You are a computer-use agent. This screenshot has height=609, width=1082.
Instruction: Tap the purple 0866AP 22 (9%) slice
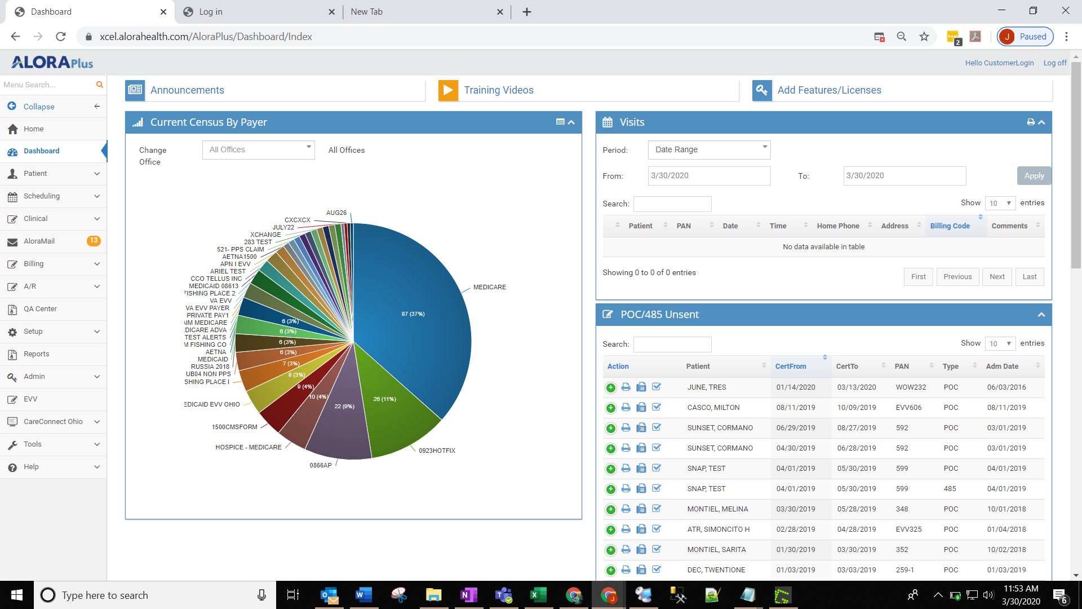341,417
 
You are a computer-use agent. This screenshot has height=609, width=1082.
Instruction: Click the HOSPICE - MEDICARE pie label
248,447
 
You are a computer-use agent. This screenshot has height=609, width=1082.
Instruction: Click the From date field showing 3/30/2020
709,176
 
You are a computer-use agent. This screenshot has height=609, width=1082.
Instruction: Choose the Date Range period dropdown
709,150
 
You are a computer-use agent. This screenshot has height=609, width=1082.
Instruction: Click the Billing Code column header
950,226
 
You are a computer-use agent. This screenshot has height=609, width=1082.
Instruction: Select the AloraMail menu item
39,241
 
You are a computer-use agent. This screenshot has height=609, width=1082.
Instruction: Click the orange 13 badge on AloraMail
94,241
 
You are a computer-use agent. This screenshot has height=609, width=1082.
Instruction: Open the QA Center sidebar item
40,309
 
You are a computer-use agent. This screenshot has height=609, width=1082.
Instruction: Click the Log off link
1054,63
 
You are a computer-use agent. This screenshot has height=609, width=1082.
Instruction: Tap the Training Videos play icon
448,90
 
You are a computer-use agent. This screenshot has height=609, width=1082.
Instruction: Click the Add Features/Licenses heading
829,90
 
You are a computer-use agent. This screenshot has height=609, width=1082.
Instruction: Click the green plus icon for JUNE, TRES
610,387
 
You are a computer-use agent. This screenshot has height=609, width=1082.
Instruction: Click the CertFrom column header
790,367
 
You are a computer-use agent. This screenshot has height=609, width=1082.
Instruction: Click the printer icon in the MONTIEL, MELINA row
626,509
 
